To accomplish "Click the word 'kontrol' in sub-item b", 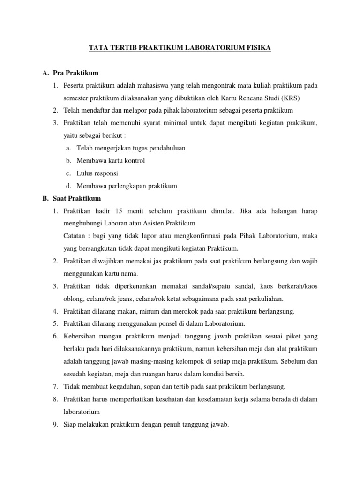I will (x=134, y=161).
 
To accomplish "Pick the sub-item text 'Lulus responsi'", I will (x=97, y=173).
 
